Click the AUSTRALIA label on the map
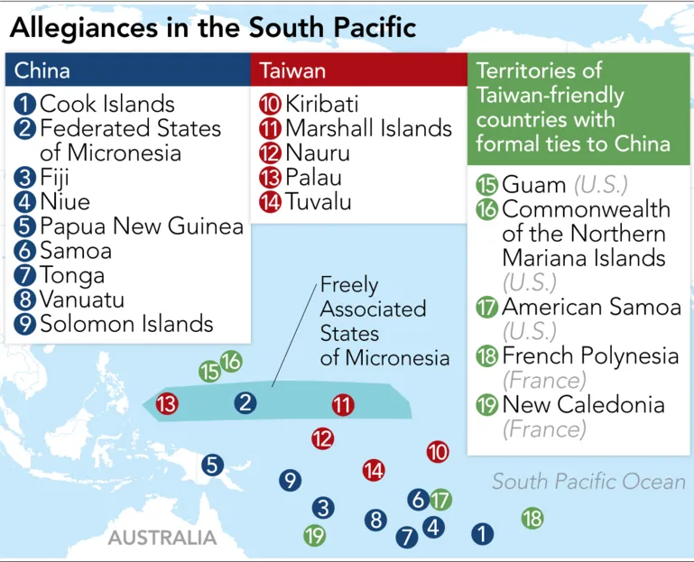click(162, 539)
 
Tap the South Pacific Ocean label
click(588, 482)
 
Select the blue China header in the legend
click(127, 70)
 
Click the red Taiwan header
click(358, 70)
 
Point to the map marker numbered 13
click(167, 404)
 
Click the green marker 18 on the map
click(532, 518)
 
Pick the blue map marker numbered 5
click(212, 465)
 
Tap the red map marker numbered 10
click(438, 451)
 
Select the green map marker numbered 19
click(314, 535)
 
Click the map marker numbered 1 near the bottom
click(483, 533)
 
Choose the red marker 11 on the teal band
click(342, 404)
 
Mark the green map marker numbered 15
click(209, 371)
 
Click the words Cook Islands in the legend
click(106, 104)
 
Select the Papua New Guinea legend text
click(141, 226)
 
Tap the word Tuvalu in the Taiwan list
click(319, 201)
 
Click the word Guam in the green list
click(534, 185)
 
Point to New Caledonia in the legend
click(583, 404)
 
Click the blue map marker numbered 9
click(290, 480)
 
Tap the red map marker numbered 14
click(374, 470)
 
